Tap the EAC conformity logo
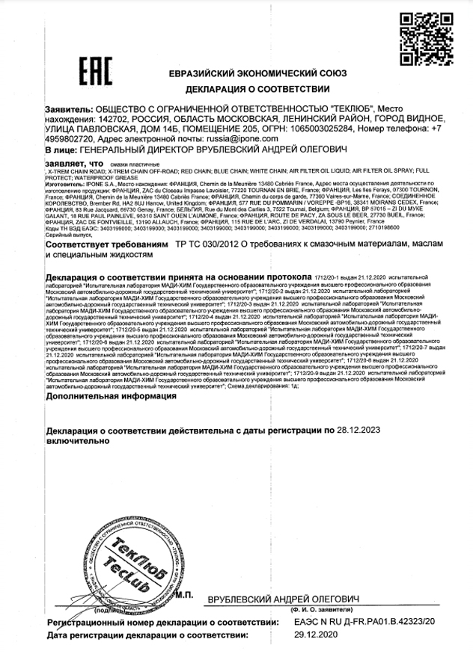[95, 71]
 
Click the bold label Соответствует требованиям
[107, 244]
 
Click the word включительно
[77, 441]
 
